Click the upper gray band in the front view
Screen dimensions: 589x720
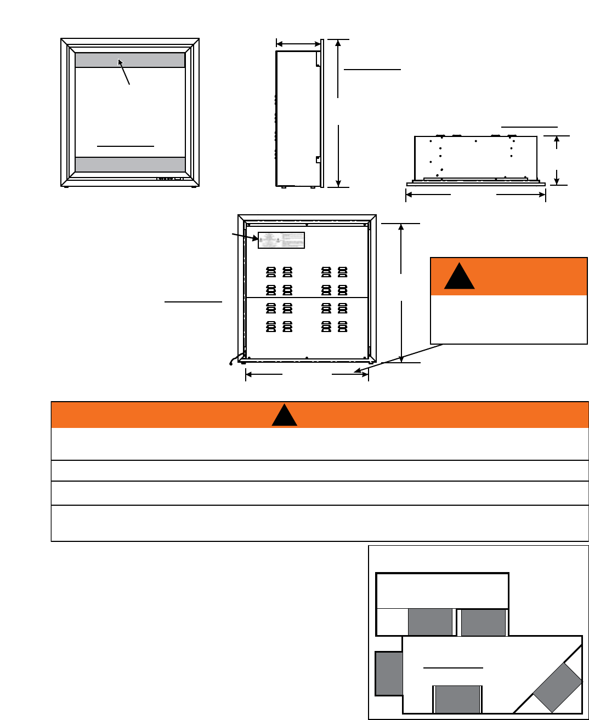click(x=130, y=60)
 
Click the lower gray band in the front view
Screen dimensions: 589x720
click(x=130, y=164)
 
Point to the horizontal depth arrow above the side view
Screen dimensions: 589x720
click(x=298, y=44)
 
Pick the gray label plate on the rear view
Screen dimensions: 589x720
click(x=281, y=240)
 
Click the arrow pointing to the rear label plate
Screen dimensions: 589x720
click(x=245, y=237)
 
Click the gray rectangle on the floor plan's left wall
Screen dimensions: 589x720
click(x=389, y=673)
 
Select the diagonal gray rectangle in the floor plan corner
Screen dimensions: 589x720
click(x=557, y=687)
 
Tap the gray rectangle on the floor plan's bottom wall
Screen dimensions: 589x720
click(x=457, y=699)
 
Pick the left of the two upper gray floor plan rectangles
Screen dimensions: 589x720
click(x=431, y=622)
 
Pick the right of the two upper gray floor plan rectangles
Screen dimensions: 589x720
click(x=483, y=622)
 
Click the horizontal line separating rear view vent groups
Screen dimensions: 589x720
click(x=307, y=298)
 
